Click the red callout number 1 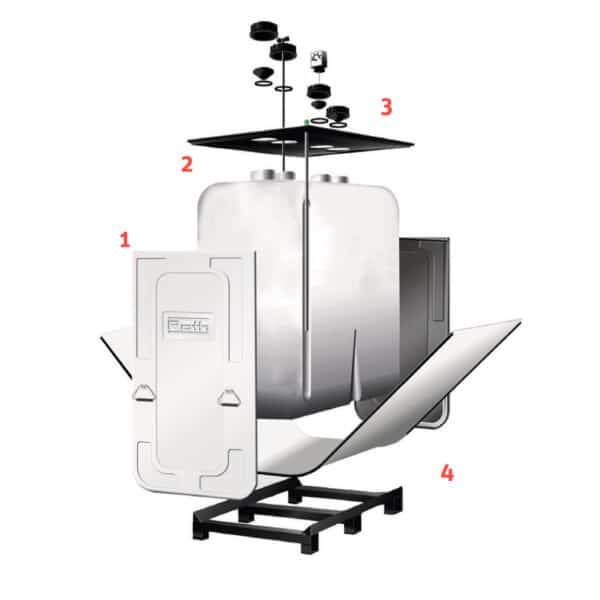point(125,239)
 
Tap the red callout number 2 point(187,165)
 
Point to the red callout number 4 point(447,473)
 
